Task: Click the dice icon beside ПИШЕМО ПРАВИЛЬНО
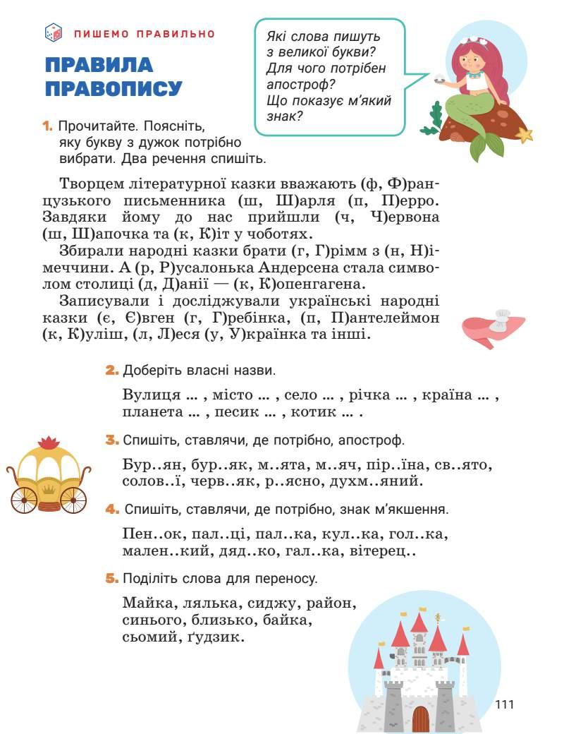pos(54,32)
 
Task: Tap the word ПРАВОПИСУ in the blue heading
pos(114,90)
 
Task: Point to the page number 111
pos(505,704)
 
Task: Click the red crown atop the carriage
pos(49,443)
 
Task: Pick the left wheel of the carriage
pos(25,499)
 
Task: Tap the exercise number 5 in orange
pos(111,579)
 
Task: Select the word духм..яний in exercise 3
pos(384,483)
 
